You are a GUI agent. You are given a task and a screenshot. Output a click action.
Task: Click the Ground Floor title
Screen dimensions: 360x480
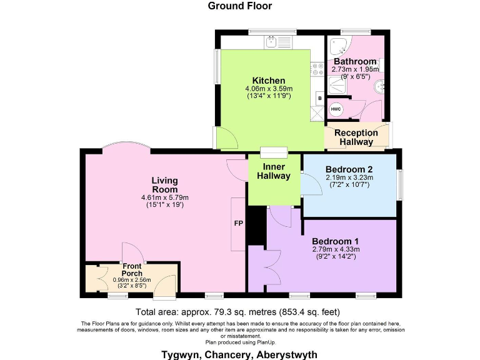pyautogui.click(x=240, y=6)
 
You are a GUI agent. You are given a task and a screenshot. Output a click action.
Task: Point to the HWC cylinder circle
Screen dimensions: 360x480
pyautogui.click(x=336, y=109)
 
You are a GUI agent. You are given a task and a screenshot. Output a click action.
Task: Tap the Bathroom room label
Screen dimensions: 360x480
pyautogui.click(x=354, y=61)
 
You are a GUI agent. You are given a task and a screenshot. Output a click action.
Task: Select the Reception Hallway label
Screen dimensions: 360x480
pyautogui.click(x=356, y=137)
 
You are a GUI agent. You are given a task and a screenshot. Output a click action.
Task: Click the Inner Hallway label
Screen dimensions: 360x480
pyautogui.click(x=274, y=171)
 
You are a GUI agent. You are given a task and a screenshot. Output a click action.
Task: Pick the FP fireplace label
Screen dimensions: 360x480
pyautogui.click(x=238, y=223)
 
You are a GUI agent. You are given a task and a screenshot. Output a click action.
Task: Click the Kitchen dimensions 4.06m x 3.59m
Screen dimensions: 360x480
pyautogui.click(x=269, y=89)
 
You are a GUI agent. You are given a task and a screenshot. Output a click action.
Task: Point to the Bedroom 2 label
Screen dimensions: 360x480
pyautogui.click(x=349, y=169)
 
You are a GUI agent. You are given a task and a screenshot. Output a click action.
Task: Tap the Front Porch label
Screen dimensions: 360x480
pyautogui.click(x=132, y=269)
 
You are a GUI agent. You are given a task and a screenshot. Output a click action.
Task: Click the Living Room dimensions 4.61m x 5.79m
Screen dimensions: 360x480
pyautogui.click(x=164, y=198)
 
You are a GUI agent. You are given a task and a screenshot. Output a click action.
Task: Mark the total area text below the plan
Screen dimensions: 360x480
pyautogui.click(x=237, y=312)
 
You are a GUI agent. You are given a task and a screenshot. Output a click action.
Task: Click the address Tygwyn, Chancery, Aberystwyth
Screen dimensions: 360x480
pyautogui.click(x=240, y=354)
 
